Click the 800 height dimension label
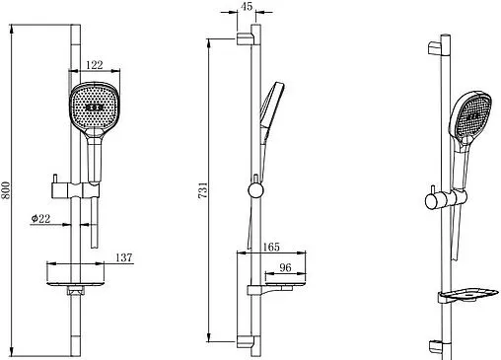coord(6,190)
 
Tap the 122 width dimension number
coord(95,65)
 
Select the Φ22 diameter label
coord(40,218)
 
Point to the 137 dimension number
coord(123,257)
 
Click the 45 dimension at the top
coord(247,6)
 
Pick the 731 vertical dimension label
coord(203,190)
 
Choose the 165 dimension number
coord(271,247)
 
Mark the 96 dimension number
coord(285,267)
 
